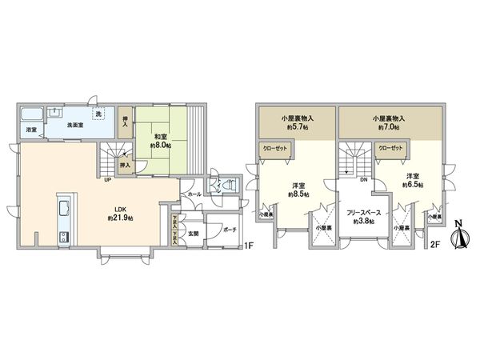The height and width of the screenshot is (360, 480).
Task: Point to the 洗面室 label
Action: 76,125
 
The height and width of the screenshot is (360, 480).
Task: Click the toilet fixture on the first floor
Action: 230,186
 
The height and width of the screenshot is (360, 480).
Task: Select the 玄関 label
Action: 192,234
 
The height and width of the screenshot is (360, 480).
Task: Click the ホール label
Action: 194,195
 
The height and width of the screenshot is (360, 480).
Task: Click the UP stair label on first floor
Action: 107,179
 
